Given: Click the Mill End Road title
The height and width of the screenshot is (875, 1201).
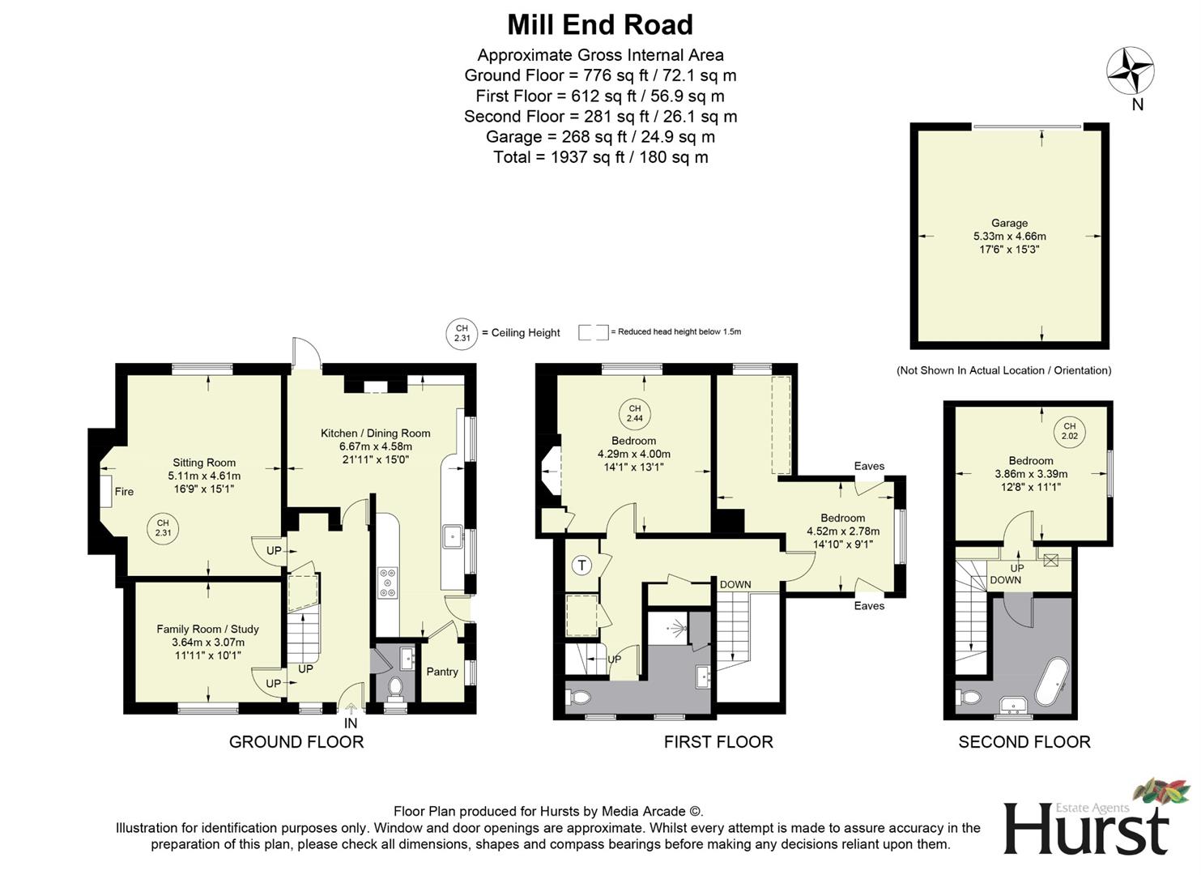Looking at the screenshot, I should click(x=599, y=25).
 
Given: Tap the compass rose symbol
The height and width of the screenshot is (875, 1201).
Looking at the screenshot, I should click(x=1131, y=70).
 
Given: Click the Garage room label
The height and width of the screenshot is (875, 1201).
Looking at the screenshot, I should click(x=1009, y=223).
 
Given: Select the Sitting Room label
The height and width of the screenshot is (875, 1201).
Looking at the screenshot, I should click(x=204, y=463).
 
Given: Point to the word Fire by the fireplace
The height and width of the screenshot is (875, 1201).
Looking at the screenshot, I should click(x=124, y=492).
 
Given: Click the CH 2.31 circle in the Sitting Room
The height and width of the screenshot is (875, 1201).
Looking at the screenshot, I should click(x=163, y=528).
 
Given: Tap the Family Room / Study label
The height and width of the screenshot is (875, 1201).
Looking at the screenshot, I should click(x=208, y=629).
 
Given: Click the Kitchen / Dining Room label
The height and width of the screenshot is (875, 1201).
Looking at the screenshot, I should click(x=375, y=433).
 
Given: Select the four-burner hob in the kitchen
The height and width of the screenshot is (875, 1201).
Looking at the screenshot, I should click(x=388, y=583).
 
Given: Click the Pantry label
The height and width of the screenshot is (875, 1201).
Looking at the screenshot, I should click(x=442, y=672).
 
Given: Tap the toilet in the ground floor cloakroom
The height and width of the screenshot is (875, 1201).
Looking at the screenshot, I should click(x=395, y=687).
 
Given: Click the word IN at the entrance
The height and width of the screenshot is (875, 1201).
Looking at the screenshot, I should click(x=351, y=723).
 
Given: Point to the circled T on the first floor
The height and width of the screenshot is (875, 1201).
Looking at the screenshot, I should click(x=581, y=565).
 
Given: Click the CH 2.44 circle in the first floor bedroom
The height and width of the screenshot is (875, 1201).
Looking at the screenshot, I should click(x=634, y=413).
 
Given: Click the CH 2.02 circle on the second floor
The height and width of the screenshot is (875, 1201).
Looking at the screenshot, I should click(x=1069, y=431).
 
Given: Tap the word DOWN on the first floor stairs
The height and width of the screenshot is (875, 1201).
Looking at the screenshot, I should click(x=735, y=584).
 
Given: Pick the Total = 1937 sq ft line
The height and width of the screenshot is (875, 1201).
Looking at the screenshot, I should click(x=600, y=157).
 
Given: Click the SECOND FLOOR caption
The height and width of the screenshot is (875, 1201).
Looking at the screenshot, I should click(x=1024, y=741).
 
